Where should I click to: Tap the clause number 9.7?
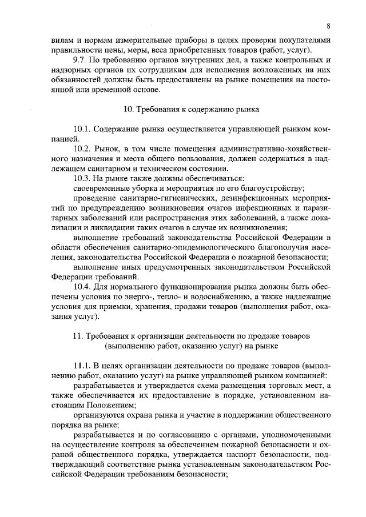tap(74, 60)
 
